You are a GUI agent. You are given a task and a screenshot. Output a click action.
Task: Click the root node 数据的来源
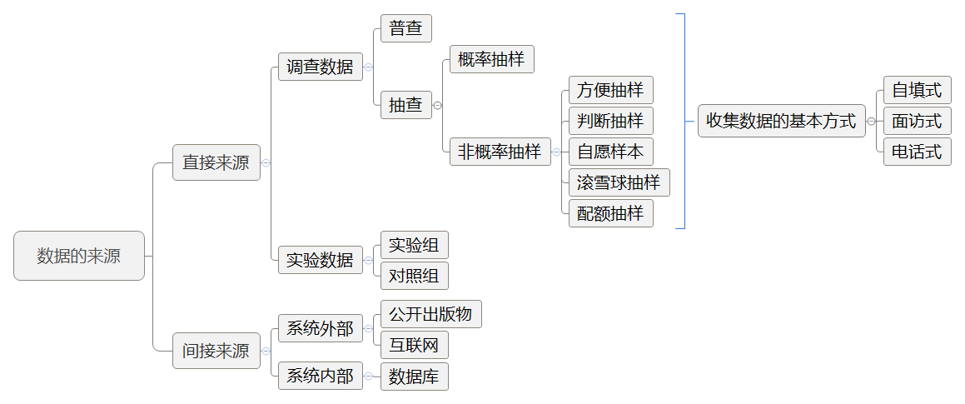coord(79,256)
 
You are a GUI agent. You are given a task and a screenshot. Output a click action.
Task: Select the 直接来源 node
coord(216,162)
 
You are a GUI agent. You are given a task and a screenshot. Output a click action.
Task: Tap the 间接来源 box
coord(216,351)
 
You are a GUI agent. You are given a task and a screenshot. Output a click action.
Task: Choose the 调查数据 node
coord(320,67)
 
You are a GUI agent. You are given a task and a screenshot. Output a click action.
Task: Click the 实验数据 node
coord(320,260)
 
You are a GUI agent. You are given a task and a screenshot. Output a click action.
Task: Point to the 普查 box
coord(405,28)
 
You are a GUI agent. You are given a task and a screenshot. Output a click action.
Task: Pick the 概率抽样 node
coord(491,59)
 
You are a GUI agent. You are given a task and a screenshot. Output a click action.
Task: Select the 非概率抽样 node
coord(500,152)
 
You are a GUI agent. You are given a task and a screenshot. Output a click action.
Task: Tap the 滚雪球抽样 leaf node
coord(618,182)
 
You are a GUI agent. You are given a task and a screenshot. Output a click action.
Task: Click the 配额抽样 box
coord(610,213)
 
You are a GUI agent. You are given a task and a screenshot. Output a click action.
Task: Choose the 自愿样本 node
coord(610,152)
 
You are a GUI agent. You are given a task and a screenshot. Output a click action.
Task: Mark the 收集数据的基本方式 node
coord(780,121)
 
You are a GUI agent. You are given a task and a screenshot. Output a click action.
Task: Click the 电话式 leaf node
coord(917,152)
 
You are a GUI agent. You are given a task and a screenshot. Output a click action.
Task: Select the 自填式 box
coord(917,90)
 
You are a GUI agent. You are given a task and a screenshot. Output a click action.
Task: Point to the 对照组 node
coord(414,275)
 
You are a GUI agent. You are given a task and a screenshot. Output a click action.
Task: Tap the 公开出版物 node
coord(430,314)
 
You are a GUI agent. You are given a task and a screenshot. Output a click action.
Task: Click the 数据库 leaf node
coord(414,377)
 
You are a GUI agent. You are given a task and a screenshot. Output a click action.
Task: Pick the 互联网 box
coord(414,345)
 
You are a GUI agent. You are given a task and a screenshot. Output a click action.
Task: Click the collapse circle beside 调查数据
coord(368,67)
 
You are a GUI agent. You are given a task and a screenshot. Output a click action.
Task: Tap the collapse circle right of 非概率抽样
coord(555,152)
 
